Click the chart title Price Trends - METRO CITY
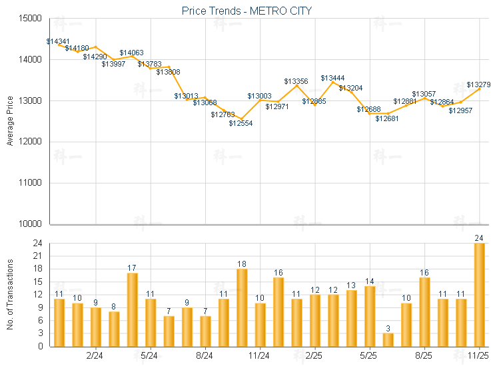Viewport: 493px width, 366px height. (246, 11)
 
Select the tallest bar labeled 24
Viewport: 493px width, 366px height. (479, 295)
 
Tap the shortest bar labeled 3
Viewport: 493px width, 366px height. (388, 339)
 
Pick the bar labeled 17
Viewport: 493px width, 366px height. (132, 309)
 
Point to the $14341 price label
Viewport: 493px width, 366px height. (58, 41)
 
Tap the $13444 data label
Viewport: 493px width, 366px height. (332, 78)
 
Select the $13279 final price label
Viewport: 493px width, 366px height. (478, 85)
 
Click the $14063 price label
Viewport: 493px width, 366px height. (131, 53)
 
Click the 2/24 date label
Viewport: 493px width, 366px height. (95, 356)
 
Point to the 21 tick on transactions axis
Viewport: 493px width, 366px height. (37, 256)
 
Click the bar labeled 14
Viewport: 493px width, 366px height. (370, 316)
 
